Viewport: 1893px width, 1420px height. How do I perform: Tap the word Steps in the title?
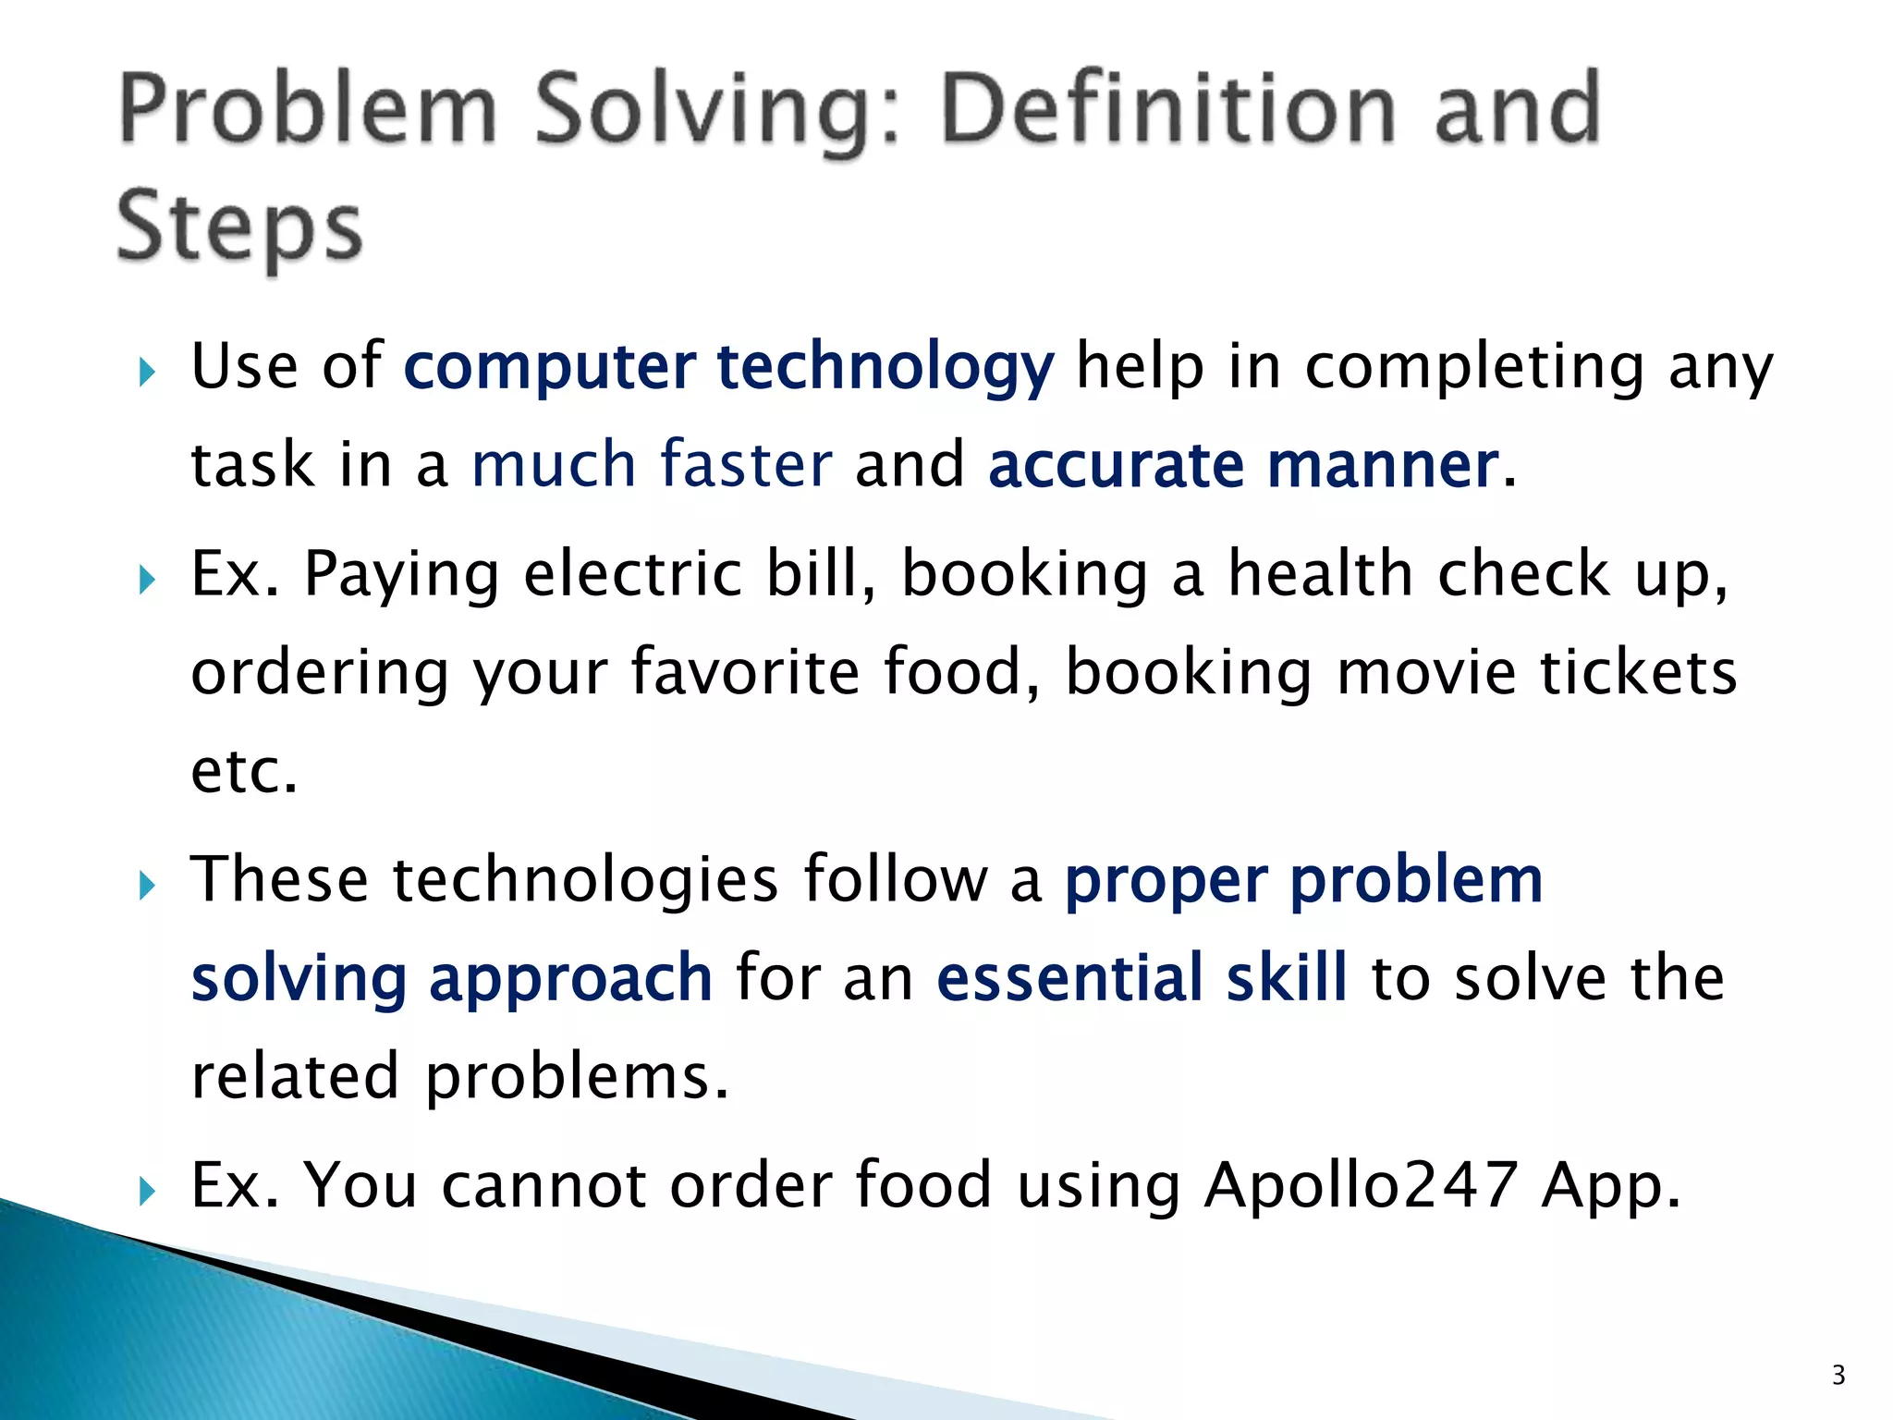pos(239,227)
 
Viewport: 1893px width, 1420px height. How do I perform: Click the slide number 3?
pos(1838,1375)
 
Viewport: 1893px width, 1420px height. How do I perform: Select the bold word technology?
pos(885,367)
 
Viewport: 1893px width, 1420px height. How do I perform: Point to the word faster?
pos(745,464)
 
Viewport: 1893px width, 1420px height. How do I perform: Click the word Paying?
pos(401,576)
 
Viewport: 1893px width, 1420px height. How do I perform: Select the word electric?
pos(633,574)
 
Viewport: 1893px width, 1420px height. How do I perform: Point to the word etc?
pos(243,771)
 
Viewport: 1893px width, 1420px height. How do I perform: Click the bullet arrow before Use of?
pos(147,374)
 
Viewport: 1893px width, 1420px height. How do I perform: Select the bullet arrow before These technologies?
pos(147,887)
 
